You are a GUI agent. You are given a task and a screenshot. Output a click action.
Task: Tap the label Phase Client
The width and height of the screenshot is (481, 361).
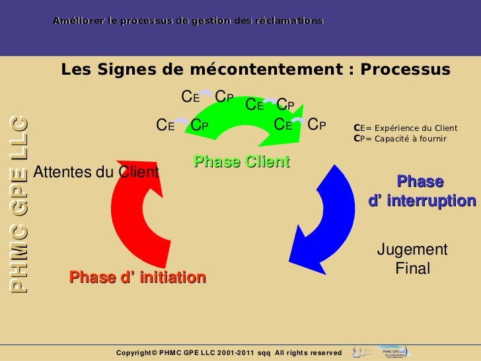pyautogui.click(x=241, y=161)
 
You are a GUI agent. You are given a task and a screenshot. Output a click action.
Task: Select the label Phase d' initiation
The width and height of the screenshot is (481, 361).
pyautogui.click(x=137, y=277)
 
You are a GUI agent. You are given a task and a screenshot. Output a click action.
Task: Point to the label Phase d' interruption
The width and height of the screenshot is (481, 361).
pyautogui.click(x=422, y=191)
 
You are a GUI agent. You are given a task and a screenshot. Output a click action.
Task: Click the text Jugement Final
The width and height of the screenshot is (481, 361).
pyautogui.click(x=412, y=259)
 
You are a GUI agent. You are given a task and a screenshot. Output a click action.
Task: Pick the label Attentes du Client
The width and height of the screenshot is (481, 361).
pyautogui.click(x=96, y=173)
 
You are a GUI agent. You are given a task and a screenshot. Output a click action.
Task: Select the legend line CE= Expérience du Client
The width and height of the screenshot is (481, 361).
pyautogui.click(x=406, y=128)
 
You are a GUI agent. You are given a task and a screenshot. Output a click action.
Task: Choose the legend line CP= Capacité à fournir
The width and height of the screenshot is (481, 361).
pyautogui.click(x=400, y=139)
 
